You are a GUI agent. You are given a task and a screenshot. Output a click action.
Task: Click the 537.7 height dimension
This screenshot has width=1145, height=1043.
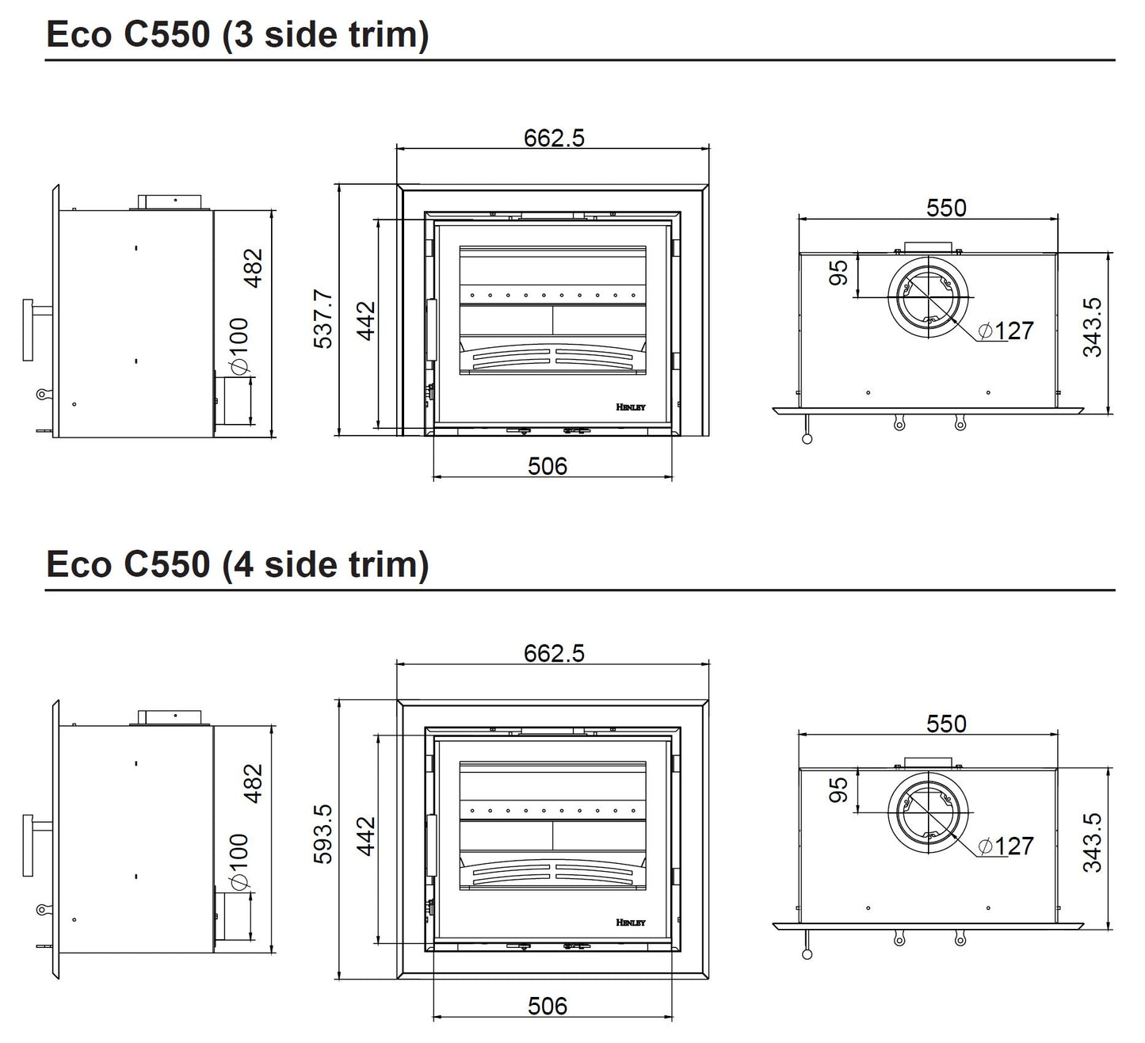click(323, 319)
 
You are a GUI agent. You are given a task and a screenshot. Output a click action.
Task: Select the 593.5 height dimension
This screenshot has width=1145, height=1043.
click(323, 834)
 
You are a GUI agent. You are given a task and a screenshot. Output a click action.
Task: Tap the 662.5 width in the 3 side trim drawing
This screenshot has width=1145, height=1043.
click(554, 138)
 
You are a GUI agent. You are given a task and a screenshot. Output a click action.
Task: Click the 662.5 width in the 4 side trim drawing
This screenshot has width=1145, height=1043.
click(554, 654)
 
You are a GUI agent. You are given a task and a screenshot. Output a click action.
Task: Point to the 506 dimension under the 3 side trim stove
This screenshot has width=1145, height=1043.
click(548, 466)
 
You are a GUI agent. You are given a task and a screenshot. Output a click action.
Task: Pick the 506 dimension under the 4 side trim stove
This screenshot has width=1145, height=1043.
click(548, 1006)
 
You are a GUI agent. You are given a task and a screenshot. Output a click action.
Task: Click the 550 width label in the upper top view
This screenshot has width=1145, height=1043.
click(946, 208)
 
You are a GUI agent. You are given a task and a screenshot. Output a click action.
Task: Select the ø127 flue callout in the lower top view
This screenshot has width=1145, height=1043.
click(1006, 846)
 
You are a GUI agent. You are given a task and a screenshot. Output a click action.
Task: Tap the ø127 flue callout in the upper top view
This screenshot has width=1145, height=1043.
click(1006, 330)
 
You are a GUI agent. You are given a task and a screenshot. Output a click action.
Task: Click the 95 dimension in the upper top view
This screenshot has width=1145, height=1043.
click(838, 273)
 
